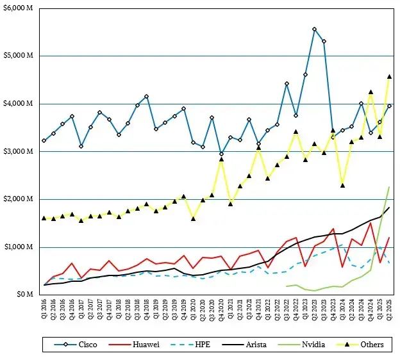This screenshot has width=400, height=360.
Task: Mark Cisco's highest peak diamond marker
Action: (314, 29)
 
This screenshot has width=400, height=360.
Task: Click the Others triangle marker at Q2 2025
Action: (389, 77)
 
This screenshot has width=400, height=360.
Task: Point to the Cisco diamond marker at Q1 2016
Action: (44, 140)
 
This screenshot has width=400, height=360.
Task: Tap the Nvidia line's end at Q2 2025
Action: (389, 187)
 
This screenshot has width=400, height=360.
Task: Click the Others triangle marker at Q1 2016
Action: (44, 218)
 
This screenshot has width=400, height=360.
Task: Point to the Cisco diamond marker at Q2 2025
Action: (389, 106)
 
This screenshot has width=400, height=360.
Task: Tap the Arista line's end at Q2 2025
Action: (389, 208)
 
